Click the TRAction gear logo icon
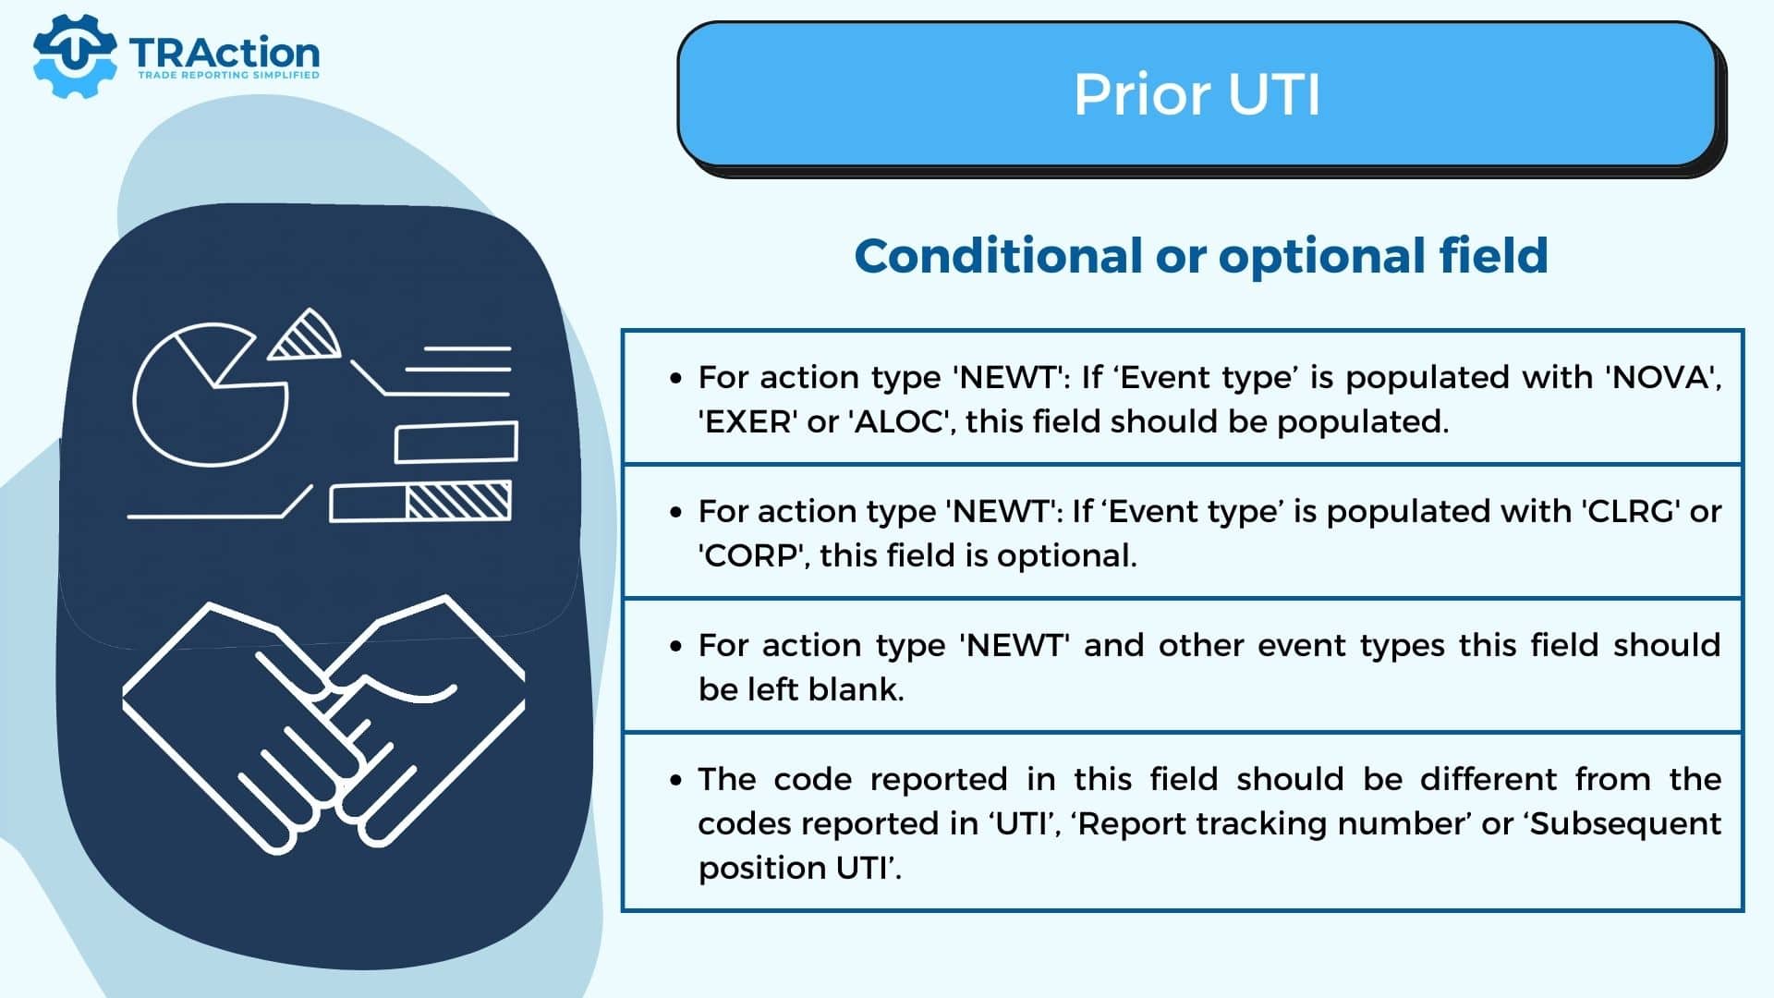pos(75,55)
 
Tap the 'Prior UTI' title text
pos(1197,94)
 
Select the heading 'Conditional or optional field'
pos(1201,256)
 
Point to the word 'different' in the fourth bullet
pos(1489,779)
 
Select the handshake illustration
pos(324,725)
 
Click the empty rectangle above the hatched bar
pos(456,442)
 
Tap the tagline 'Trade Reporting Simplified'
pos(228,75)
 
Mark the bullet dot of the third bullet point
pos(677,646)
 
